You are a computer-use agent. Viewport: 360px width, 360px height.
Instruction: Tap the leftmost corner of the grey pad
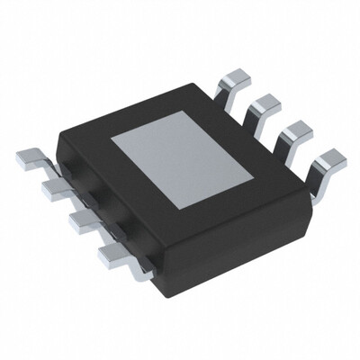tap(112, 141)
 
